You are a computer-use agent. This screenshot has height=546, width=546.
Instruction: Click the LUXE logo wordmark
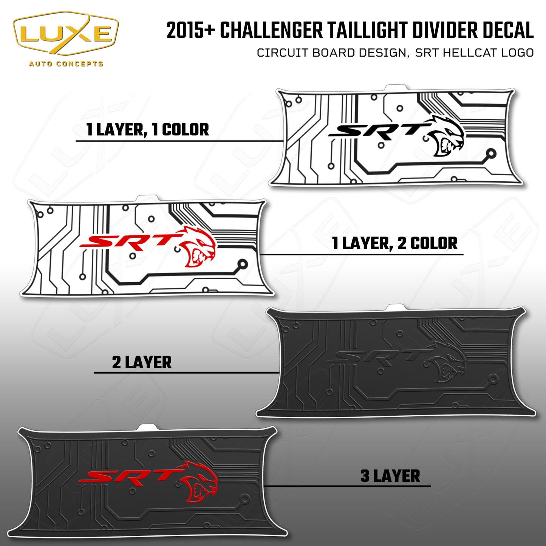(66, 34)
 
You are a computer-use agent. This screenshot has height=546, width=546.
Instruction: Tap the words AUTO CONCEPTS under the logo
(66, 63)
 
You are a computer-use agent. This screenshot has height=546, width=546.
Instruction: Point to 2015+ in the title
(190, 30)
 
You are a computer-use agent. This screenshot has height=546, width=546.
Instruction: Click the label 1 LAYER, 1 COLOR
(147, 130)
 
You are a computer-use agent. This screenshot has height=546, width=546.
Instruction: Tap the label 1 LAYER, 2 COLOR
(394, 243)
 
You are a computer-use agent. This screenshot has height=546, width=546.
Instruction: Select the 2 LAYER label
(142, 362)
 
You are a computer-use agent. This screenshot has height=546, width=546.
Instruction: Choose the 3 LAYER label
(390, 476)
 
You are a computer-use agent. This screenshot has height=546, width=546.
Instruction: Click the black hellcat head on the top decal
(448, 136)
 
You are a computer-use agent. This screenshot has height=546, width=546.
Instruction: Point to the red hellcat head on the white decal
(198, 247)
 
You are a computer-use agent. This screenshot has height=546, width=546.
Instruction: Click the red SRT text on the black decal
(127, 477)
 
